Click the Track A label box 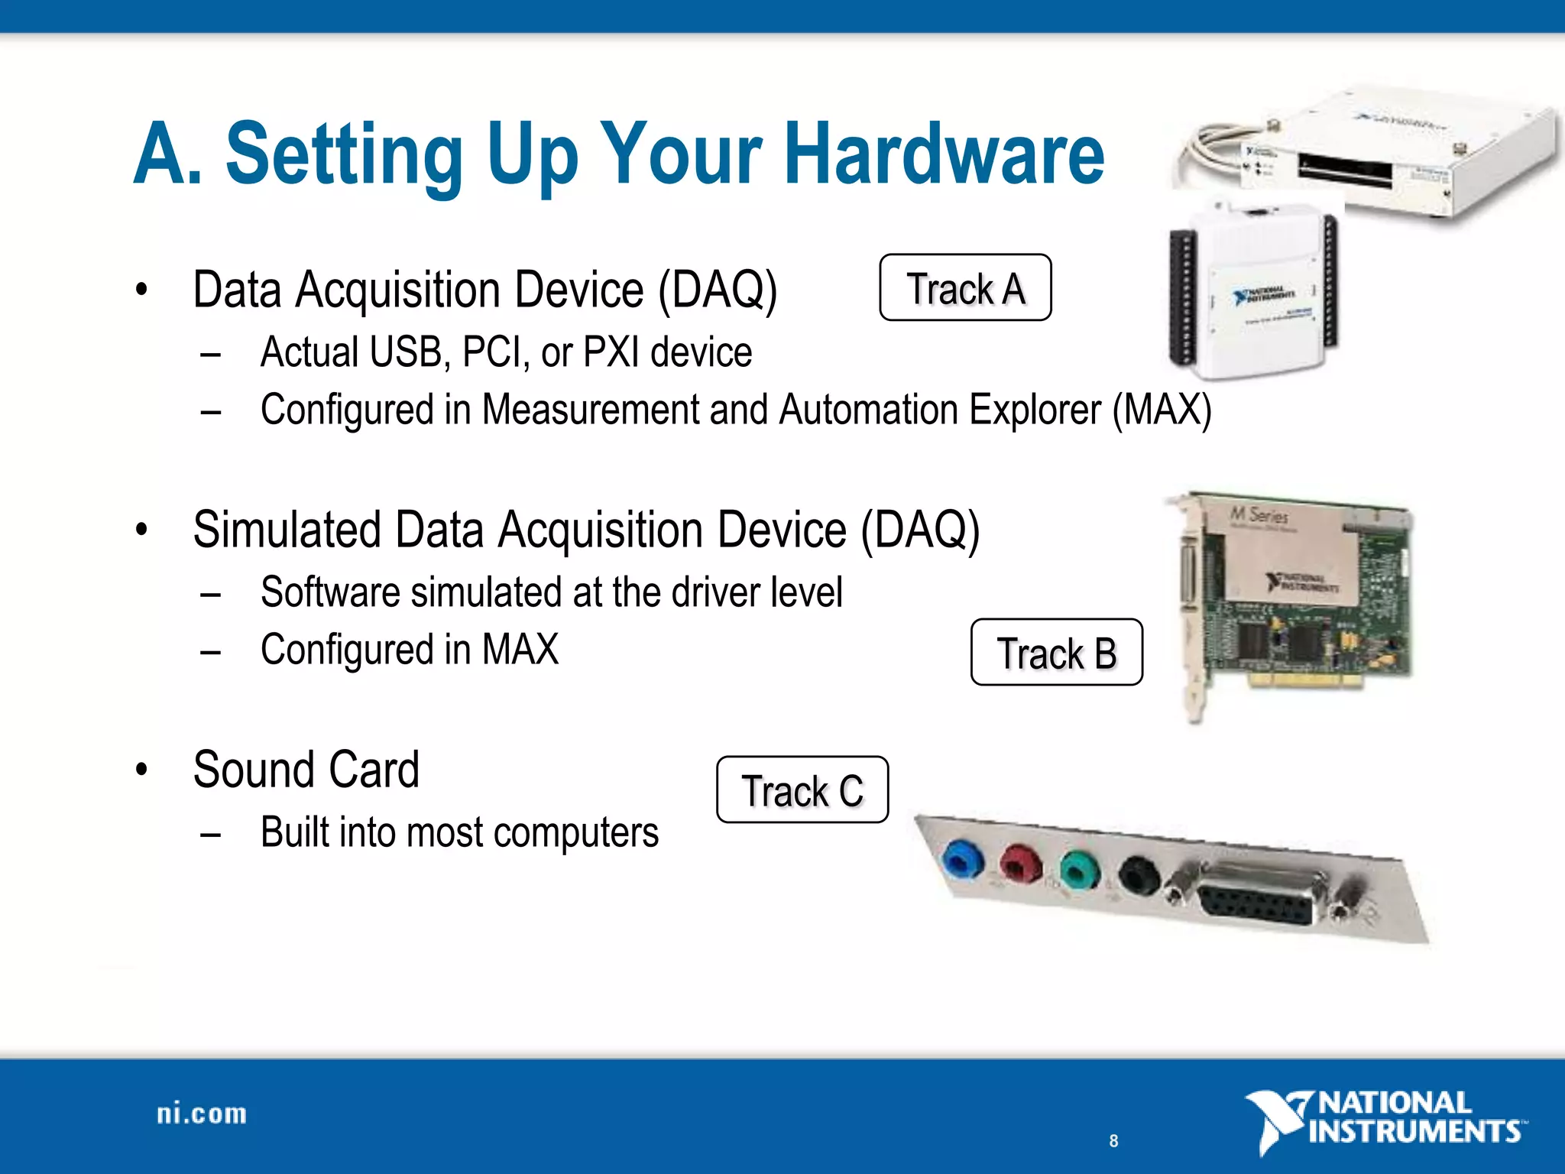coord(965,287)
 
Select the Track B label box coord(1056,652)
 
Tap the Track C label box coord(802,790)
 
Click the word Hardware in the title coord(945,154)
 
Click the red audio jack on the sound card coord(1021,865)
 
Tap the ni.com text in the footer coord(202,1114)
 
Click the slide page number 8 coord(1113,1141)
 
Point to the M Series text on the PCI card coord(1259,514)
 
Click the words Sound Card coord(306,769)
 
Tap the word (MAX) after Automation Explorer coord(1162,410)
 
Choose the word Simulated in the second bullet coord(287,530)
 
